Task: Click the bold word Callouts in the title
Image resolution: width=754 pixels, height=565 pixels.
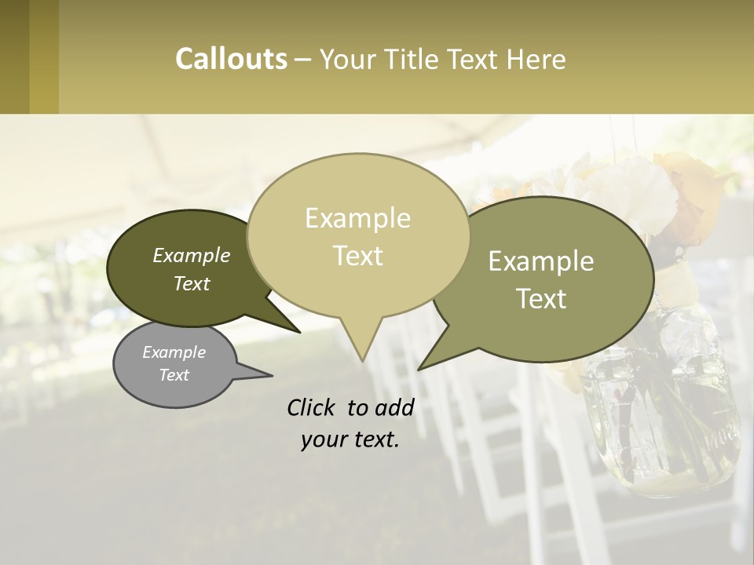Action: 231,59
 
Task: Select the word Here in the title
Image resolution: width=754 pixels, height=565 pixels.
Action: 536,59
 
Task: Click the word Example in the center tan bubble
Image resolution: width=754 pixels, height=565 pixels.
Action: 357,218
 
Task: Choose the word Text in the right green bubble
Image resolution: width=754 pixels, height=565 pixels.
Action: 541,299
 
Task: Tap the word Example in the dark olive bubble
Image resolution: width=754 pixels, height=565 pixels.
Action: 191,255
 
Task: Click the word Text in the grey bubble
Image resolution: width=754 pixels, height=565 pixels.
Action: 174,375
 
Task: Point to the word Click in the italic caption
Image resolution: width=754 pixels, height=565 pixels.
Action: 313,407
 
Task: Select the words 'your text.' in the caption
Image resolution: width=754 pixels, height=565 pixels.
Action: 350,440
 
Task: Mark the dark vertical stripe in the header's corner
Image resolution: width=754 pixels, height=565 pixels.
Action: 14,56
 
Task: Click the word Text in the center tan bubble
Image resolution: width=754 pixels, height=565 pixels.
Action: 357,256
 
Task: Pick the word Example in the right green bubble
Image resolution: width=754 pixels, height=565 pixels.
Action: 541,261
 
